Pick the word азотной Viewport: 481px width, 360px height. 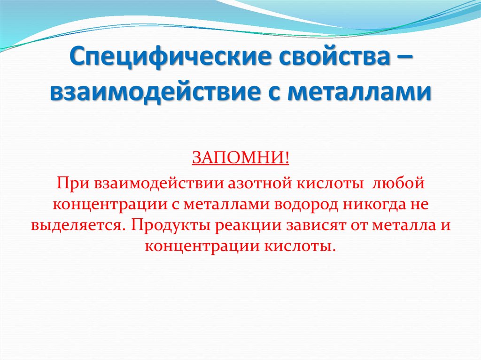point(243,182)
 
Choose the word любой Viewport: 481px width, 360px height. point(399,182)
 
